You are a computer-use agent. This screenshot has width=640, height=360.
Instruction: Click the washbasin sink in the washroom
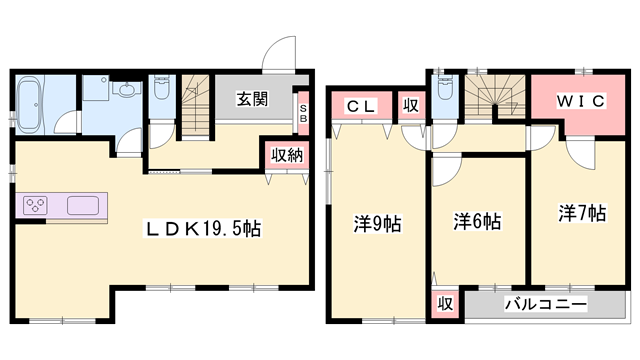click(x=127, y=93)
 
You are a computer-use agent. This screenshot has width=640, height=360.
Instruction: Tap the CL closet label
click(x=361, y=105)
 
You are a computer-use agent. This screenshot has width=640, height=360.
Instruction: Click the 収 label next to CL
click(x=411, y=105)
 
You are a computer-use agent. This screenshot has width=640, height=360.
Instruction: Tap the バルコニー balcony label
click(x=545, y=303)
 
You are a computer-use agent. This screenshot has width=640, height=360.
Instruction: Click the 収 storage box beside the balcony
click(x=444, y=303)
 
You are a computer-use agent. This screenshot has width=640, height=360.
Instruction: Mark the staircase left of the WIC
click(x=491, y=99)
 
